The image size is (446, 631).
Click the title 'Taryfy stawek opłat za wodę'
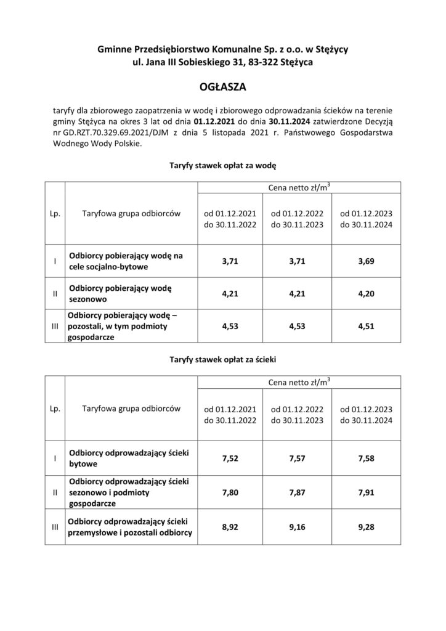click(x=222, y=165)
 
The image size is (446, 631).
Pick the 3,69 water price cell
click(x=366, y=261)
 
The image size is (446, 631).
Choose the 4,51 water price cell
click(x=366, y=328)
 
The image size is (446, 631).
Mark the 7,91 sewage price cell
click(x=366, y=492)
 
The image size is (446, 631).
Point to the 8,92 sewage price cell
click(x=230, y=527)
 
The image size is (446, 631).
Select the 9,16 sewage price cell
click(x=298, y=527)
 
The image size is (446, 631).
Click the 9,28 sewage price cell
click(x=366, y=527)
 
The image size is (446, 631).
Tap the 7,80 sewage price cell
click(x=230, y=492)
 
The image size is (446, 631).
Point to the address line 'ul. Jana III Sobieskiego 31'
click(x=185, y=62)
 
